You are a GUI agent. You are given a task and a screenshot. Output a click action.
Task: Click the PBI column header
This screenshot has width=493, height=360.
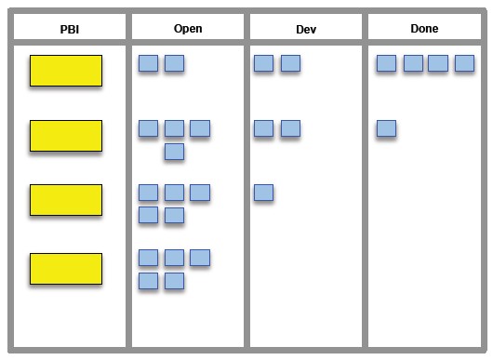(69, 29)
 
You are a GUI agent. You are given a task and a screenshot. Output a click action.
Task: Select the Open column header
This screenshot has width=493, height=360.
(187, 29)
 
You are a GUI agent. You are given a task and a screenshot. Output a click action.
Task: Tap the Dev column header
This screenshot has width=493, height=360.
(305, 29)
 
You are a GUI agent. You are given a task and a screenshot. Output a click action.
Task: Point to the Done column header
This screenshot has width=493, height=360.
(424, 29)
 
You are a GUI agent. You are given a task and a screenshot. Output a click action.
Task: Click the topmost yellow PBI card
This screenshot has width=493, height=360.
(66, 71)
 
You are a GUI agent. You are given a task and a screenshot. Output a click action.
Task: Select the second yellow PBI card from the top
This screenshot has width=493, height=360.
(66, 135)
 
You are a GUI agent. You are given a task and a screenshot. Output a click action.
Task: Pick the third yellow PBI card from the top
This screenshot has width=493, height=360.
(66, 199)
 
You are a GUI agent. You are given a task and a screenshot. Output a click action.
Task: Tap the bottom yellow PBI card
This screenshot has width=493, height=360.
(66, 268)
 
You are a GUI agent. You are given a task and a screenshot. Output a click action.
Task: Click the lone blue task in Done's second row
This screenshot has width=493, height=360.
(387, 128)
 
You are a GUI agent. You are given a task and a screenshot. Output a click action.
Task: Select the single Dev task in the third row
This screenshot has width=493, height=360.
(263, 193)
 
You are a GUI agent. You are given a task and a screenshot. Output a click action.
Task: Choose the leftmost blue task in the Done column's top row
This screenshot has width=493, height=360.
(387, 63)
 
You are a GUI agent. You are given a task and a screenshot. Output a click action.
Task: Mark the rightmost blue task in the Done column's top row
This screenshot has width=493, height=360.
(464, 63)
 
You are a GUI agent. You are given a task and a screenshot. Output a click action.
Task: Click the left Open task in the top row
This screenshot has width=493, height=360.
(148, 63)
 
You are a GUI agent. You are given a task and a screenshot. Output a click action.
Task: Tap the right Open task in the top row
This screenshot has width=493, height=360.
(174, 63)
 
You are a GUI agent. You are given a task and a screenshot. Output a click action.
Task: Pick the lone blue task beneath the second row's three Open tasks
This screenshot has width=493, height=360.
(174, 151)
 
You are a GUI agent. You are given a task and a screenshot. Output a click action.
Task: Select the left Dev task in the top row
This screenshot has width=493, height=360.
(263, 63)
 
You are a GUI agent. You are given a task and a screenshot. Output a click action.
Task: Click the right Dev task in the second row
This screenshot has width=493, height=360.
(290, 128)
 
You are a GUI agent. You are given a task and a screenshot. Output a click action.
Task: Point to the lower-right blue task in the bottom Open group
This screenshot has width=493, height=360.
(174, 280)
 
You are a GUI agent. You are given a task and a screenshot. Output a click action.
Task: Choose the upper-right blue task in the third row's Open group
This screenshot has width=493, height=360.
(199, 193)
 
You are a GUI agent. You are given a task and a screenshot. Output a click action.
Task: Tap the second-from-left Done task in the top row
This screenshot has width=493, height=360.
(413, 63)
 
